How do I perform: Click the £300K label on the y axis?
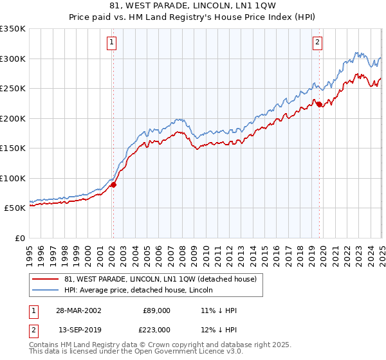pyautogui.click(x=12, y=59)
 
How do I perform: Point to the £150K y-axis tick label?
pyautogui.click(x=12, y=148)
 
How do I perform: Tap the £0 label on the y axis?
pyautogui.click(x=19, y=238)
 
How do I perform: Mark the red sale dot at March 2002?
pyautogui.click(x=113, y=184)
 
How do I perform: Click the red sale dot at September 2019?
pyautogui.click(x=319, y=105)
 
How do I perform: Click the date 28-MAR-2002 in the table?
pyautogui.click(x=78, y=310)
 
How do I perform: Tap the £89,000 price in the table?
pyautogui.click(x=157, y=310)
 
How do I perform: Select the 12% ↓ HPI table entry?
pyautogui.click(x=219, y=330)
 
